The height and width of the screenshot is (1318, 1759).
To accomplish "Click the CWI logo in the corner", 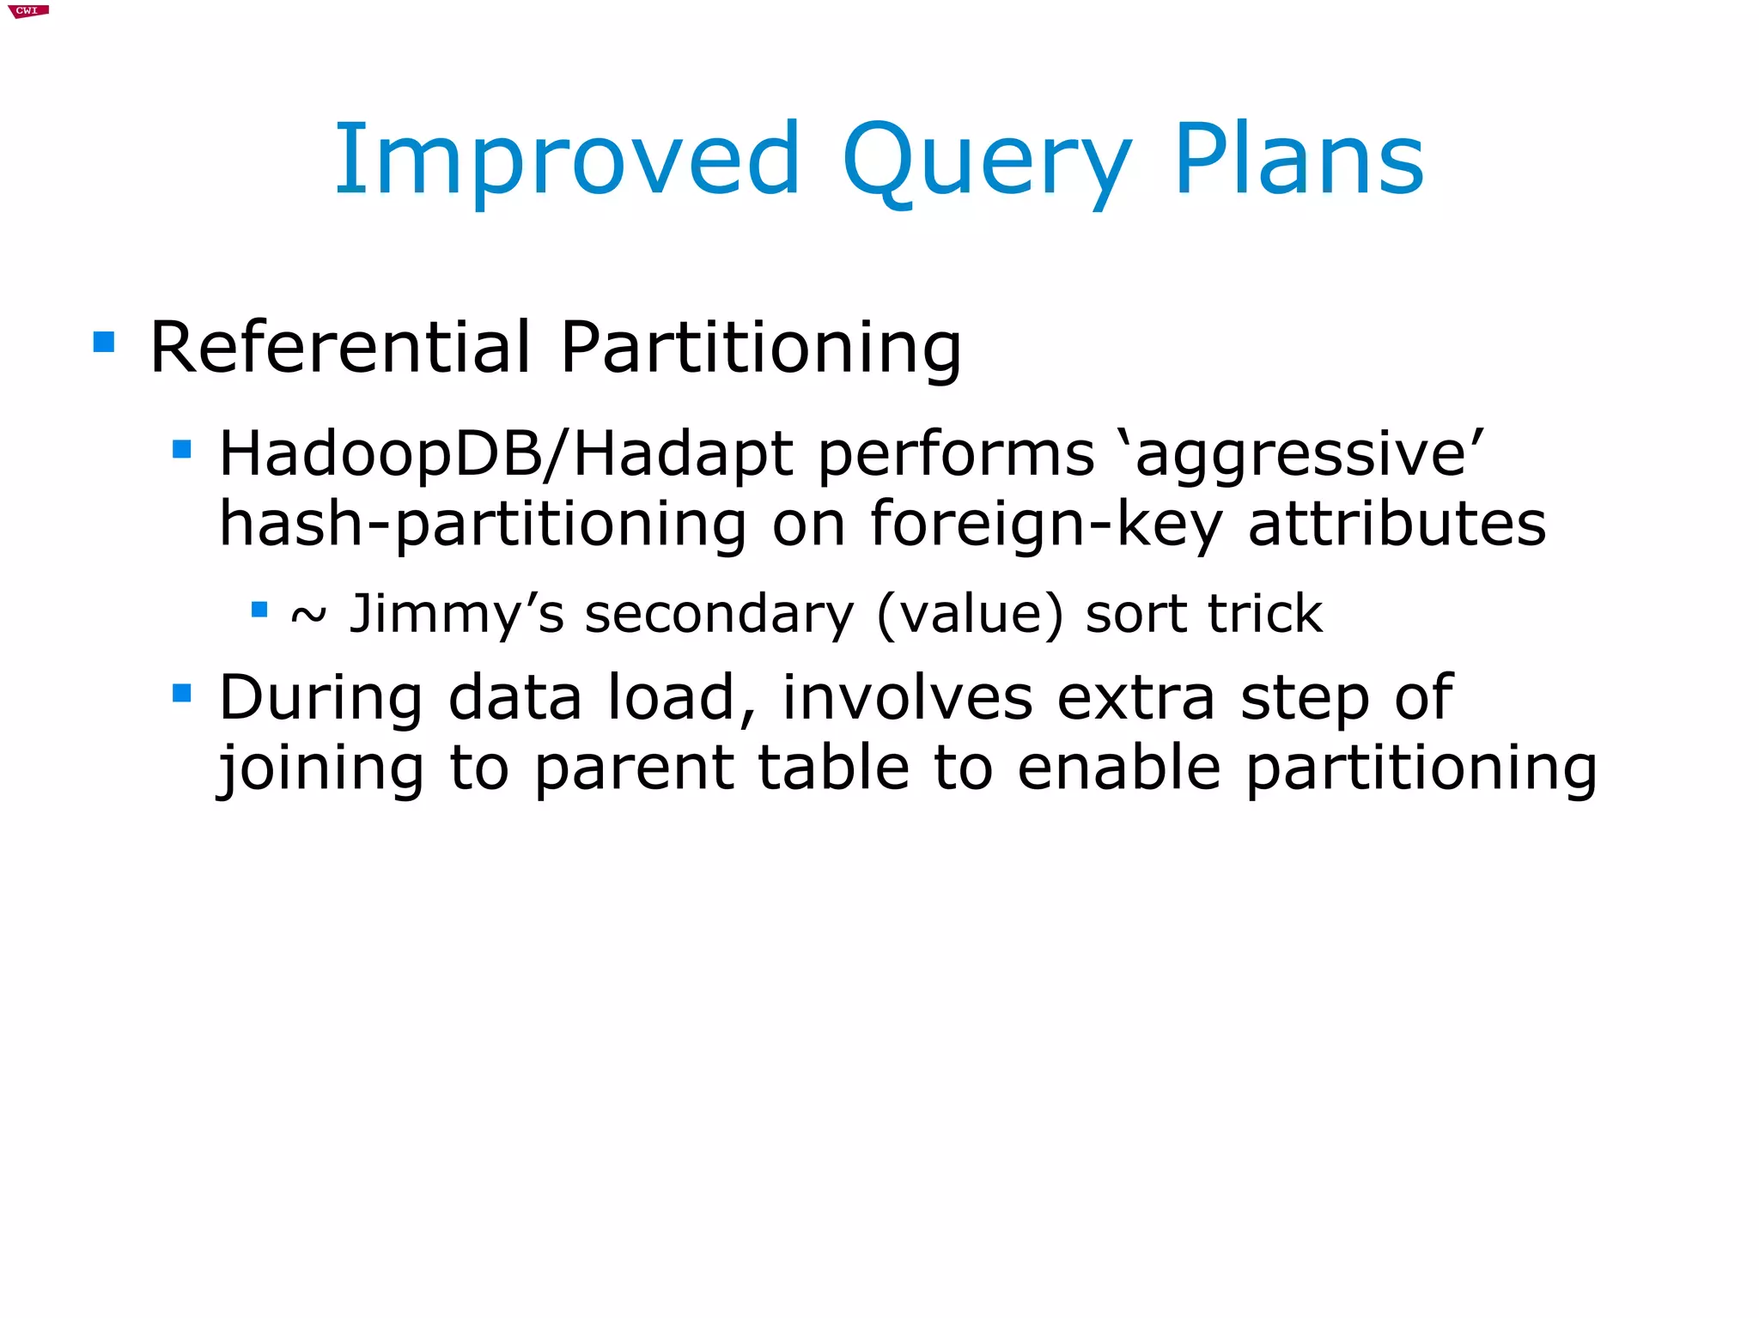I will coord(27,11).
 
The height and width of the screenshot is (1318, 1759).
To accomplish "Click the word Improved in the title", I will coord(567,161).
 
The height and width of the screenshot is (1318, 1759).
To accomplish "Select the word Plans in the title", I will coord(1299,161).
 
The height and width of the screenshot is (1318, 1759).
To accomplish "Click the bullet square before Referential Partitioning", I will coord(104,343).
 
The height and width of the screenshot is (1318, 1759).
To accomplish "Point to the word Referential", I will coord(340,348).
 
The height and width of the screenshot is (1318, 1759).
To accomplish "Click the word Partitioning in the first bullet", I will coord(761,348).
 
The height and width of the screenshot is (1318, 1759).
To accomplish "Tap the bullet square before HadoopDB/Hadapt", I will coord(181,450).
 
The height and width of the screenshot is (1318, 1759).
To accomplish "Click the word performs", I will coord(956,454).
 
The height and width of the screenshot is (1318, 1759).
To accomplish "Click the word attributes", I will coord(1397,525).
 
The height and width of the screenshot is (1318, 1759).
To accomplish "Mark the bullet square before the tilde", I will coord(259,610).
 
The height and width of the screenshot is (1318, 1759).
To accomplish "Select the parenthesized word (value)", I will coord(970,615).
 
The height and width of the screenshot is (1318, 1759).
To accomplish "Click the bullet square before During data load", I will coord(181,692).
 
